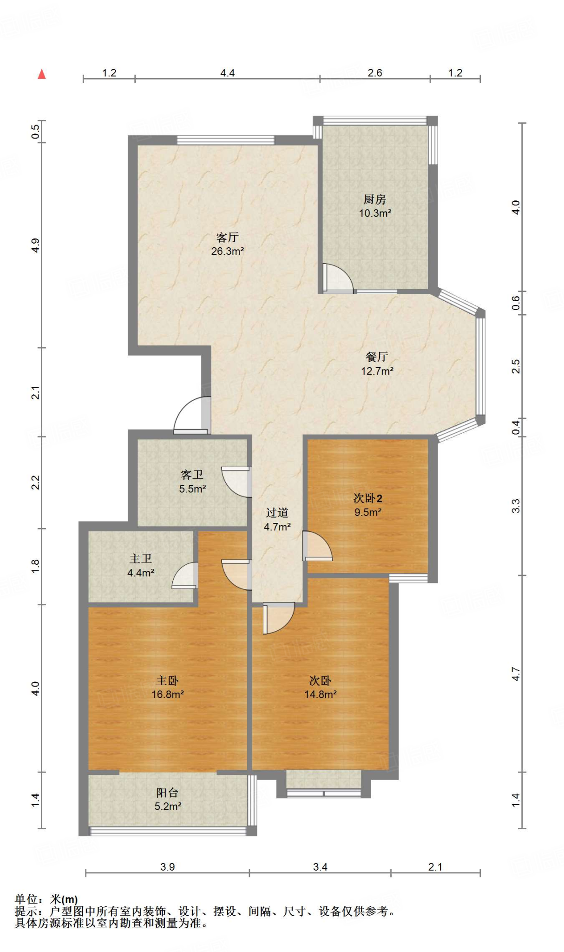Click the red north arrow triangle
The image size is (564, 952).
point(42,74)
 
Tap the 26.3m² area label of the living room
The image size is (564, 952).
point(228,251)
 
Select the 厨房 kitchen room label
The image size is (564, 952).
point(375,199)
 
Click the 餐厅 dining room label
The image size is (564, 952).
point(377,357)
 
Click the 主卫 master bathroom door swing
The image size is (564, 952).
point(185,575)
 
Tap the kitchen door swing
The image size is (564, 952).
point(338,278)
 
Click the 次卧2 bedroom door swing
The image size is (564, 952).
point(318,546)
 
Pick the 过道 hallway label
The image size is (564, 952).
point(277,513)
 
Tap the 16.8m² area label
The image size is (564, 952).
point(168,694)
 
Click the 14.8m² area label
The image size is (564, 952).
point(321,694)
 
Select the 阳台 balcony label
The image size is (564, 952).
point(167,793)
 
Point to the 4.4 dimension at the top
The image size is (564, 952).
point(228,73)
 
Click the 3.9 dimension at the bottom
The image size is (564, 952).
point(168,867)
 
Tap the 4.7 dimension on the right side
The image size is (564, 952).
point(516,674)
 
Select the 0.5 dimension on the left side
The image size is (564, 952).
point(35,132)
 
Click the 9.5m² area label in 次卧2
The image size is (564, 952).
point(368,512)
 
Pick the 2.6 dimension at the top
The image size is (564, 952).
point(375,73)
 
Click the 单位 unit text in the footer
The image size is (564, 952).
point(26,899)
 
